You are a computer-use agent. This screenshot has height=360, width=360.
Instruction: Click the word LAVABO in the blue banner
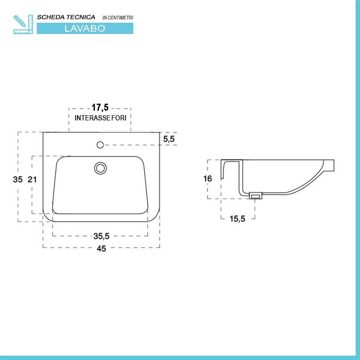pos(85,29)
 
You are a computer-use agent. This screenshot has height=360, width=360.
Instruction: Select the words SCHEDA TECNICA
pos(66,17)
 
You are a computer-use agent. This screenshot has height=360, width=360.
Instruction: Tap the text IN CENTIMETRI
pos(118,18)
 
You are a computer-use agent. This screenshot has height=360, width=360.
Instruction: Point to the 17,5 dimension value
pos(100,107)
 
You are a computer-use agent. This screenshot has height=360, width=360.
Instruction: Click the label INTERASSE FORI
pos(100,118)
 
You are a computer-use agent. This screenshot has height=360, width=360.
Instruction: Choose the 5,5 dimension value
pos(169,139)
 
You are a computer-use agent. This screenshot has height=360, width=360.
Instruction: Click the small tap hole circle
pos(100,145)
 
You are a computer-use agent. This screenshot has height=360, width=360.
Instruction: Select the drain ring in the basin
pos(100,168)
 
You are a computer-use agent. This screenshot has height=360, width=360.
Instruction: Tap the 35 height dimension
pos(18,179)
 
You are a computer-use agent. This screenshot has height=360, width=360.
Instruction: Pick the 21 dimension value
pos(33,179)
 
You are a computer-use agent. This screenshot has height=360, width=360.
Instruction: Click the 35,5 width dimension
pos(101,236)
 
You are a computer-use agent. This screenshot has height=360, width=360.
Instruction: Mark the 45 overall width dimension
pos(102,248)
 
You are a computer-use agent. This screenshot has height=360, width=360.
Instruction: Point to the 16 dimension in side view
pos(207,179)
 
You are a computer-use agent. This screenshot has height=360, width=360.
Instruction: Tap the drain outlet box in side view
pos(256,196)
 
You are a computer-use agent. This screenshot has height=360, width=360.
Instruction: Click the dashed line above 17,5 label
pos(83,108)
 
